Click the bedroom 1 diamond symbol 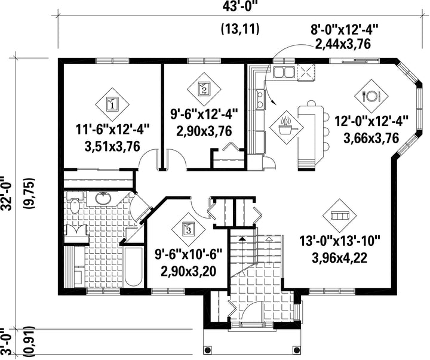click(x=112, y=104)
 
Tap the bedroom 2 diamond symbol click(x=204, y=89)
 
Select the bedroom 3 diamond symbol click(x=188, y=229)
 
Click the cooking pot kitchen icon click(x=287, y=127)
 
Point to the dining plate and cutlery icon click(x=371, y=96)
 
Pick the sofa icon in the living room click(x=340, y=216)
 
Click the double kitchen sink click(x=284, y=72)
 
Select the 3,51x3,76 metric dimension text click(x=112, y=146)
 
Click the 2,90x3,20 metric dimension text click(x=188, y=272)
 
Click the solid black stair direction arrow click(x=242, y=250)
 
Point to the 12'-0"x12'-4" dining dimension click(x=371, y=121)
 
